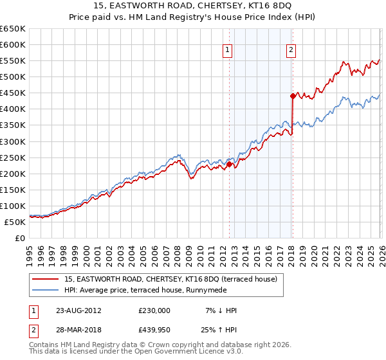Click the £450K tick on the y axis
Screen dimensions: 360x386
pyautogui.click(x=13, y=93)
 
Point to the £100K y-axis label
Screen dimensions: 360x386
pyautogui.click(x=13, y=206)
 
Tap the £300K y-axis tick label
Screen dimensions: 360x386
pyautogui.click(x=13, y=141)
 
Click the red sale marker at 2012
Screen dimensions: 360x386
pyautogui.click(x=229, y=164)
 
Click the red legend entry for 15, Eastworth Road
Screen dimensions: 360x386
pyautogui.click(x=170, y=279)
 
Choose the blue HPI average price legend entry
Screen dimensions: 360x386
pyautogui.click(x=154, y=290)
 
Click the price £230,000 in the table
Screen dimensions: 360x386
pyautogui.click(x=154, y=310)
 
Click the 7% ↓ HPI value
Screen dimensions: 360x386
pyautogui.click(x=220, y=310)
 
